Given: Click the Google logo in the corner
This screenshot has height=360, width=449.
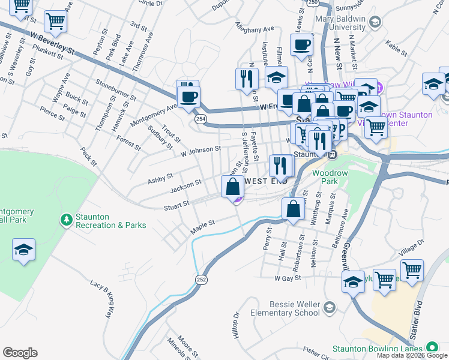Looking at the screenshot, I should pyautogui.click(x=20, y=353).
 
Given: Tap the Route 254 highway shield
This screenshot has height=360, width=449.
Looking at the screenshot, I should pyautogui.click(x=199, y=119).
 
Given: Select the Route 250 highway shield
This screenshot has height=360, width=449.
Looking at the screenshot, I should pyautogui.click(x=312, y=3).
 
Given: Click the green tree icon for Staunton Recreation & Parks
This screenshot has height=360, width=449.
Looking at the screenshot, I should pyautogui.click(x=66, y=220).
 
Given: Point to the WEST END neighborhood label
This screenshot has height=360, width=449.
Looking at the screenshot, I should pyautogui.click(x=265, y=181).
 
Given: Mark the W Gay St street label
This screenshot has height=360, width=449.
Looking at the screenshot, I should pyautogui.click(x=287, y=278).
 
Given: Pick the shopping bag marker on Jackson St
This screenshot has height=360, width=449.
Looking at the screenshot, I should pyautogui.click(x=233, y=187).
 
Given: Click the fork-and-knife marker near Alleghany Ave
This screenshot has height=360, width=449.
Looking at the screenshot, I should pyautogui.click(x=247, y=79).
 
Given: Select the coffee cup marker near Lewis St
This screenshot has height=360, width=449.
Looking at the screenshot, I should pyautogui.click(x=301, y=44).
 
